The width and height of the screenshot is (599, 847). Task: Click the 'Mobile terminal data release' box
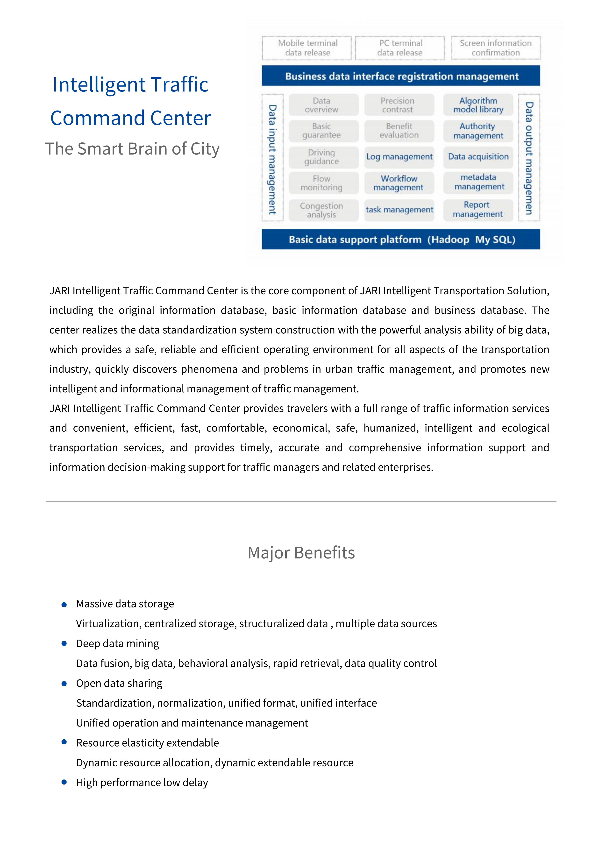pos(307,48)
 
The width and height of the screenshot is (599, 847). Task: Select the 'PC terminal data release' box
pos(400,48)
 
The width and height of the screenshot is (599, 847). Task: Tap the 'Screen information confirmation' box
pos(495,48)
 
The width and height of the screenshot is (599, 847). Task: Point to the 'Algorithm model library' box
pos(478,105)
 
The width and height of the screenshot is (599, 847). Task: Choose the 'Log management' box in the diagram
pos(399,157)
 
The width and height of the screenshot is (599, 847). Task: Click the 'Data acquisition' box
pos(478,157)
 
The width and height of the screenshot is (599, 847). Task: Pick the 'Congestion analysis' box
pos(321,210)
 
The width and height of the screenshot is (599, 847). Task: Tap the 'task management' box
pos(399,210)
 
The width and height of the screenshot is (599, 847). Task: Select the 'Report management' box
pos(478,210)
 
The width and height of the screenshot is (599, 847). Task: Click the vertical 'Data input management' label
pos(272,159)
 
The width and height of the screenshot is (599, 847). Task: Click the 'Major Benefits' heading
pos(301,553)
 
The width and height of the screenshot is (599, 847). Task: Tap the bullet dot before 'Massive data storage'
pos(64,605)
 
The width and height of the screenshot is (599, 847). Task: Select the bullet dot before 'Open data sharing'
pos(64,684)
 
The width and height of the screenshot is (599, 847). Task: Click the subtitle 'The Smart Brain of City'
pos(132,149)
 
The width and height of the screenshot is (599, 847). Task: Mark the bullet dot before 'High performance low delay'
pos(64,782)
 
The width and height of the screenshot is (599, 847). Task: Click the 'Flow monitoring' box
pos(321,183)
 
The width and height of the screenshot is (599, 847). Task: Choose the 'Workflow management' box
pos(399,183)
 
